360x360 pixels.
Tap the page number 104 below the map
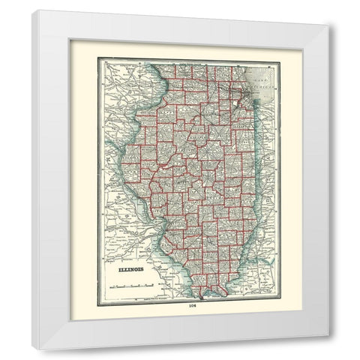(x=180, y=306)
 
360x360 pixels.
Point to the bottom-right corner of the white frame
(x=328, y=334)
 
